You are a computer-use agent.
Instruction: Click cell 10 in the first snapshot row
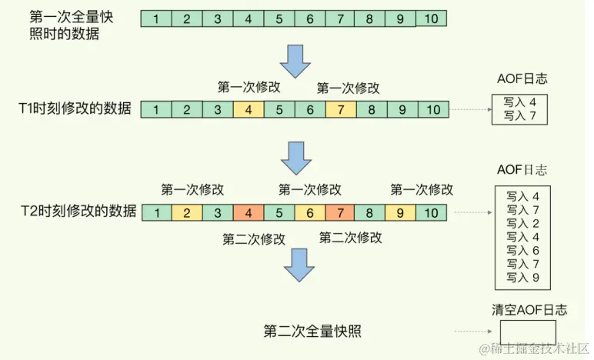pyautogui.click(x=432, y=18)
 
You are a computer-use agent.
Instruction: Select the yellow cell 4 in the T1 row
pyautogui.click(x=249, y=110)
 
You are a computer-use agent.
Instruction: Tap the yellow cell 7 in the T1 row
pyautogui.click(x=340, y=110)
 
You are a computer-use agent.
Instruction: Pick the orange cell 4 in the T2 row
pyautogui.click(x=249, y=212)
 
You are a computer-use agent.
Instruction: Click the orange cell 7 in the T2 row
pyautogui.click(x=340, y=212)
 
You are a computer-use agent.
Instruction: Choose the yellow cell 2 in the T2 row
pyautogui.click(x=187, y=212)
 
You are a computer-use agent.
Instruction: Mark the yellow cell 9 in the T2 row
pyautogui.click(x=401, y=212)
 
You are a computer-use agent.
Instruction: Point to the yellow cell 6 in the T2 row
pyautogui.click(x=309, y=212)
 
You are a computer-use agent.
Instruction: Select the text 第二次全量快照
pyautogui.click(x=312, y=332)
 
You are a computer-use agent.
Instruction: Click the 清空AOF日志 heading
pyautogui.click(x=529, y=310)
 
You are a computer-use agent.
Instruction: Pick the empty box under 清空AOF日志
pyautogui.click(x=527, y=333)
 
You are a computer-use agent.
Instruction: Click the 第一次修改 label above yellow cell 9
pyautogui.click(x=422, y=189)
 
